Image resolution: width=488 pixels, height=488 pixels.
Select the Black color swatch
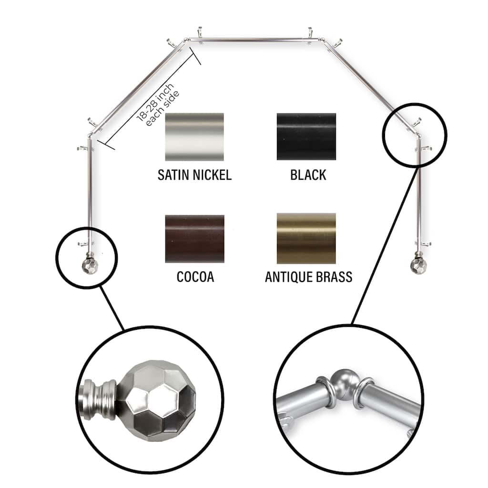pos(306,136)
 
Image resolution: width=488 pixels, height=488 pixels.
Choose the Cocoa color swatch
pos(194,238)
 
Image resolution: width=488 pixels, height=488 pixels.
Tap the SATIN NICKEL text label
pos(194,175)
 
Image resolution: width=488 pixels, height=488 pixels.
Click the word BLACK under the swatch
pos(308,175)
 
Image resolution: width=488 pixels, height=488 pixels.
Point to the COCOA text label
pos(195,277)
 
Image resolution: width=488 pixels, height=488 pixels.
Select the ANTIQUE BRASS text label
pos(308,277)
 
